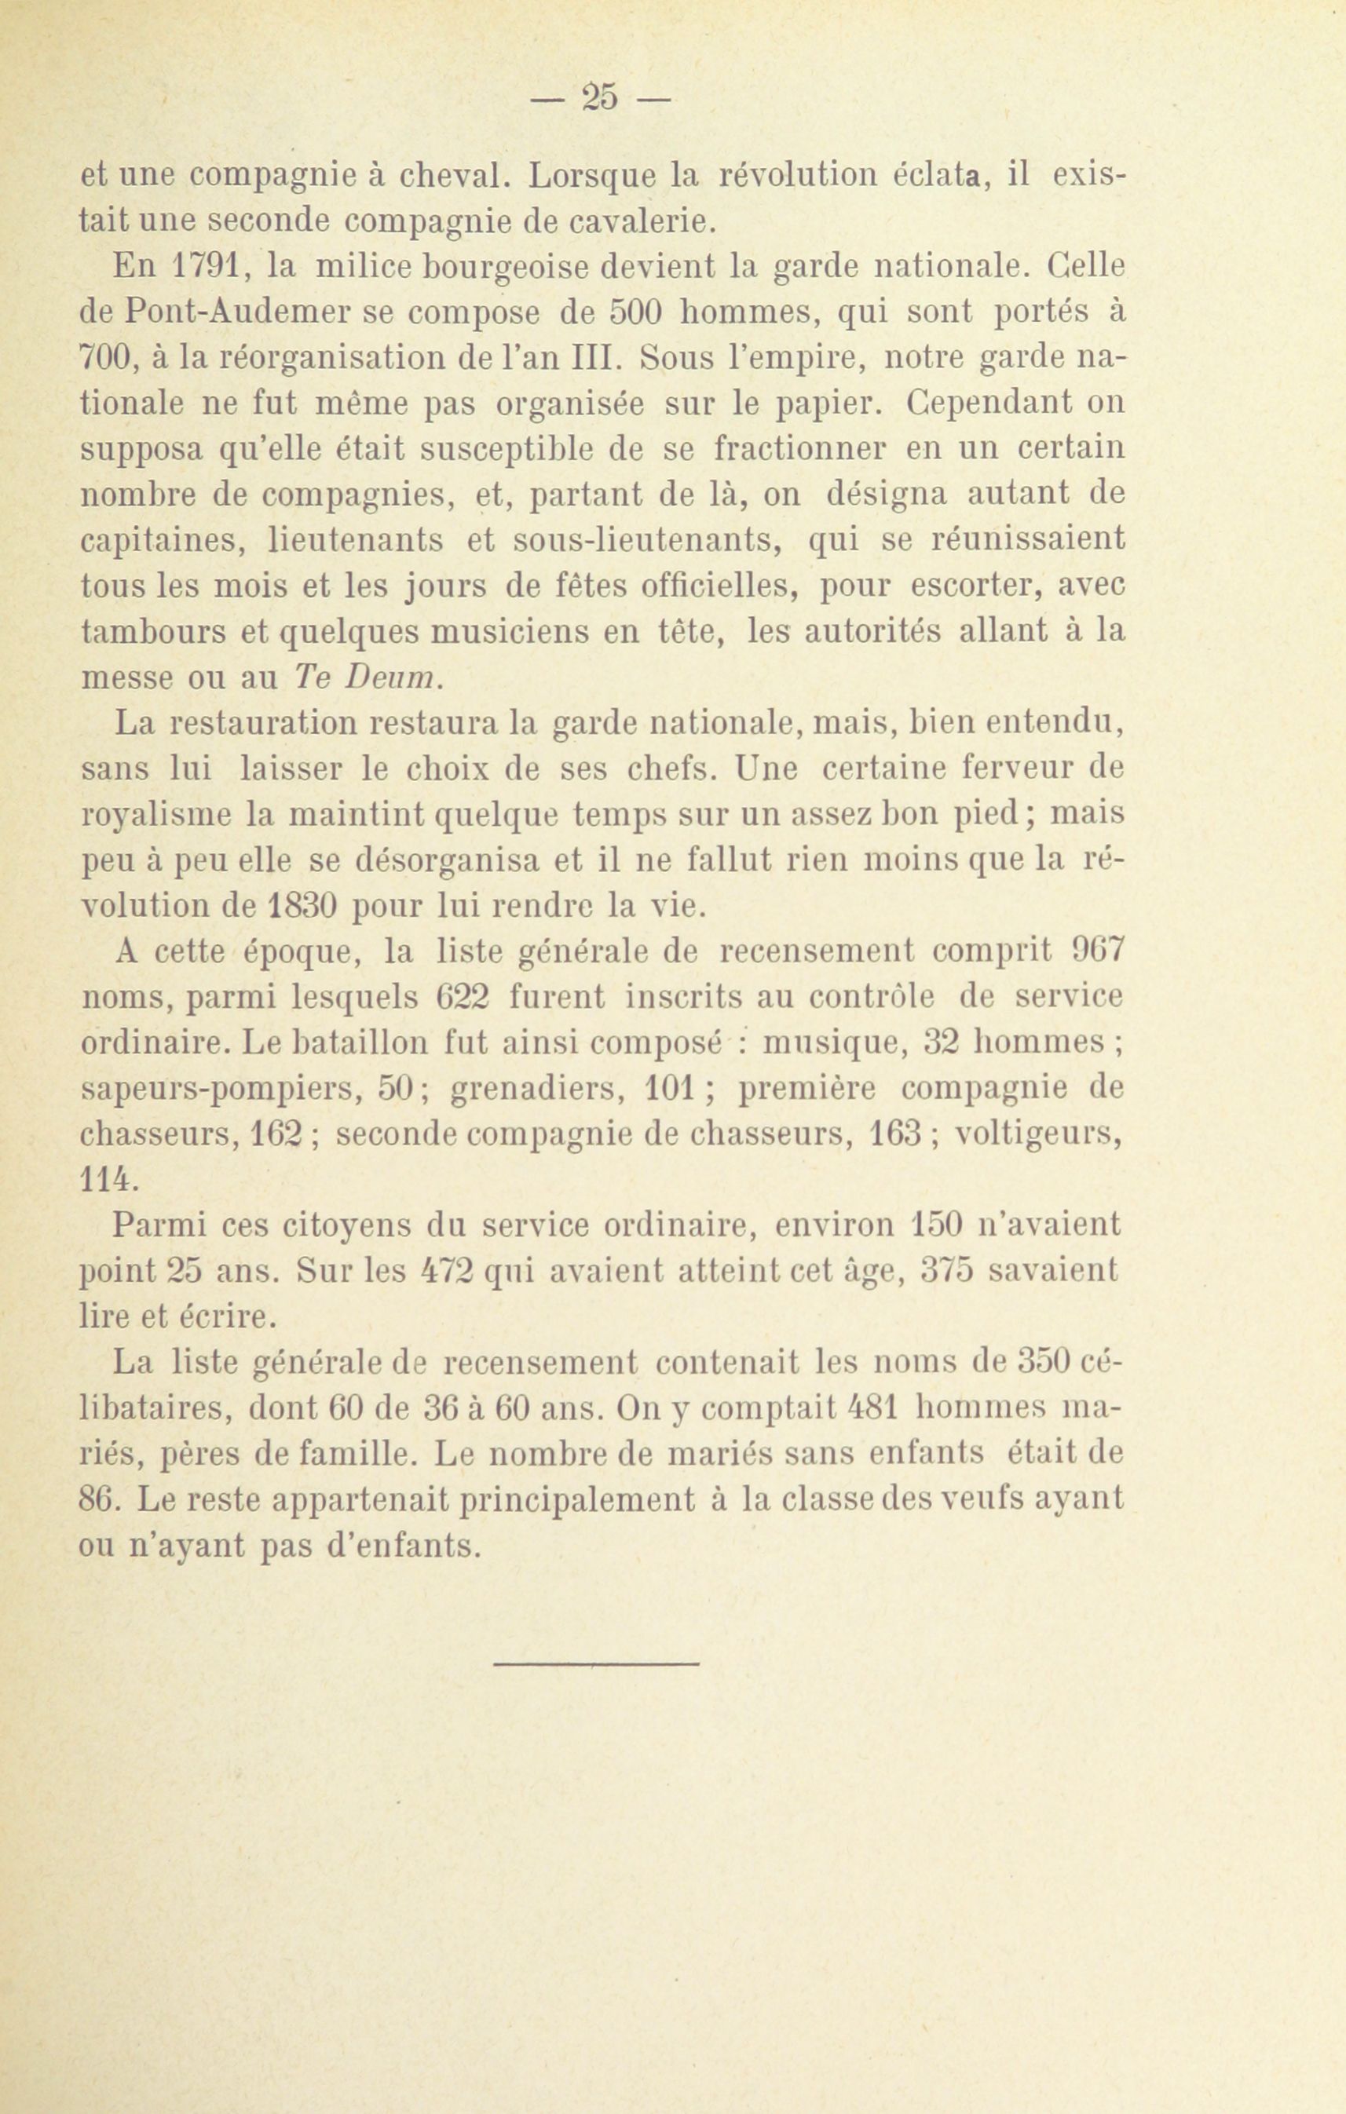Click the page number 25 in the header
pyautogui.click(x=601, y=96)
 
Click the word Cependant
pyautogui.click(x=989, y=403)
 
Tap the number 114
pyautogui.click(x=109, y=1180)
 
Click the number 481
pyautogui.click(x=872, y=1408)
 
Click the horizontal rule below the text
pyautogui.click(x=596, y=1662)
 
